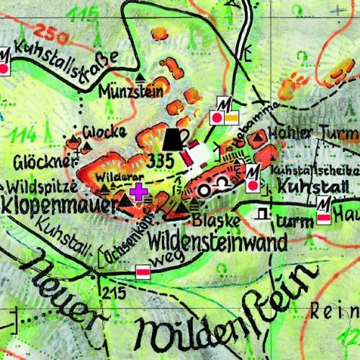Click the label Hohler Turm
312,132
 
